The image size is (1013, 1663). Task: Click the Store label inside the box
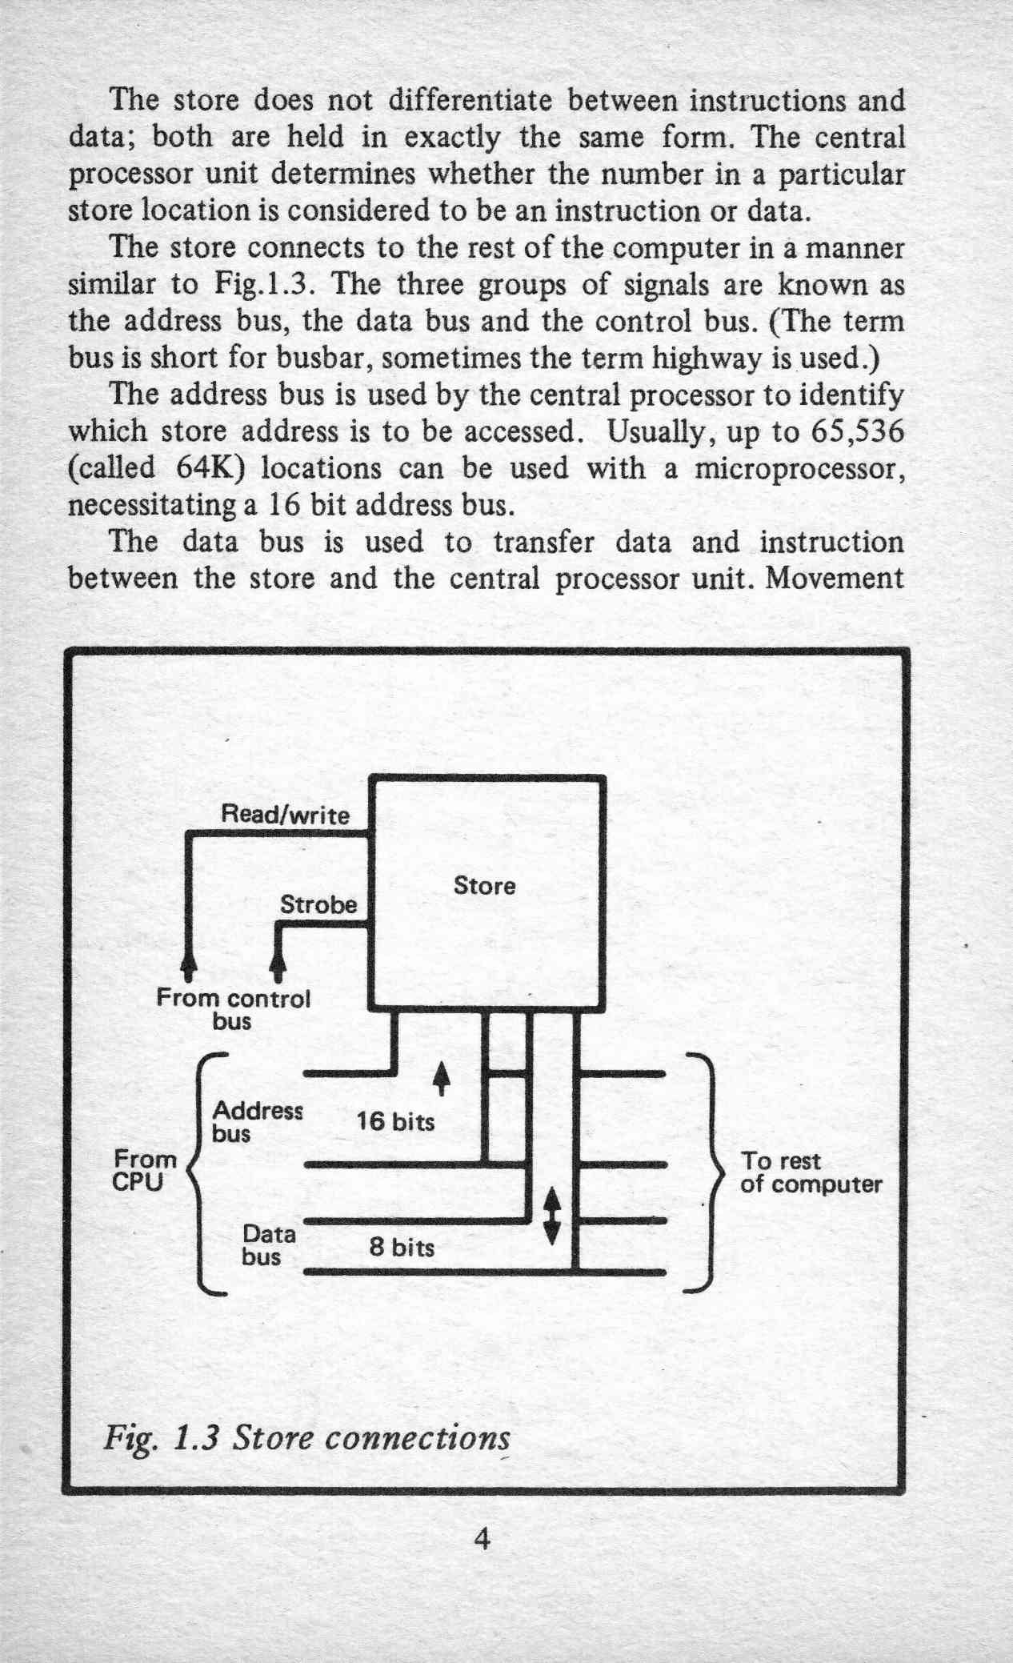pos(484,886)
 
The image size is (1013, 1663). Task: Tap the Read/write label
pos(285,815)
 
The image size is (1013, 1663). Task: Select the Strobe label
pos(318,905)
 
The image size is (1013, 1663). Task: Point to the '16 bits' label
pos(395,1121)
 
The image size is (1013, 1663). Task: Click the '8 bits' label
pos(402,1247)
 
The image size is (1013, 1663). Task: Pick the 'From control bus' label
pos(232,1010)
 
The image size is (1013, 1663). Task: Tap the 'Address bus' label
pos(257,1122)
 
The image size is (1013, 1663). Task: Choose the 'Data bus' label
pos(269,1245)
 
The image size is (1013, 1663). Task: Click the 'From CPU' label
pos(145,1170)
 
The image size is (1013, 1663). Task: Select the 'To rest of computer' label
pos(811,1172)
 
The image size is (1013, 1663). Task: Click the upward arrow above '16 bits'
pos(438,1081)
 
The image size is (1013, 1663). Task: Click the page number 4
pos(481,1539)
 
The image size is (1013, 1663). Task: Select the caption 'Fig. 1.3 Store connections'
pos(306,1438)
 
